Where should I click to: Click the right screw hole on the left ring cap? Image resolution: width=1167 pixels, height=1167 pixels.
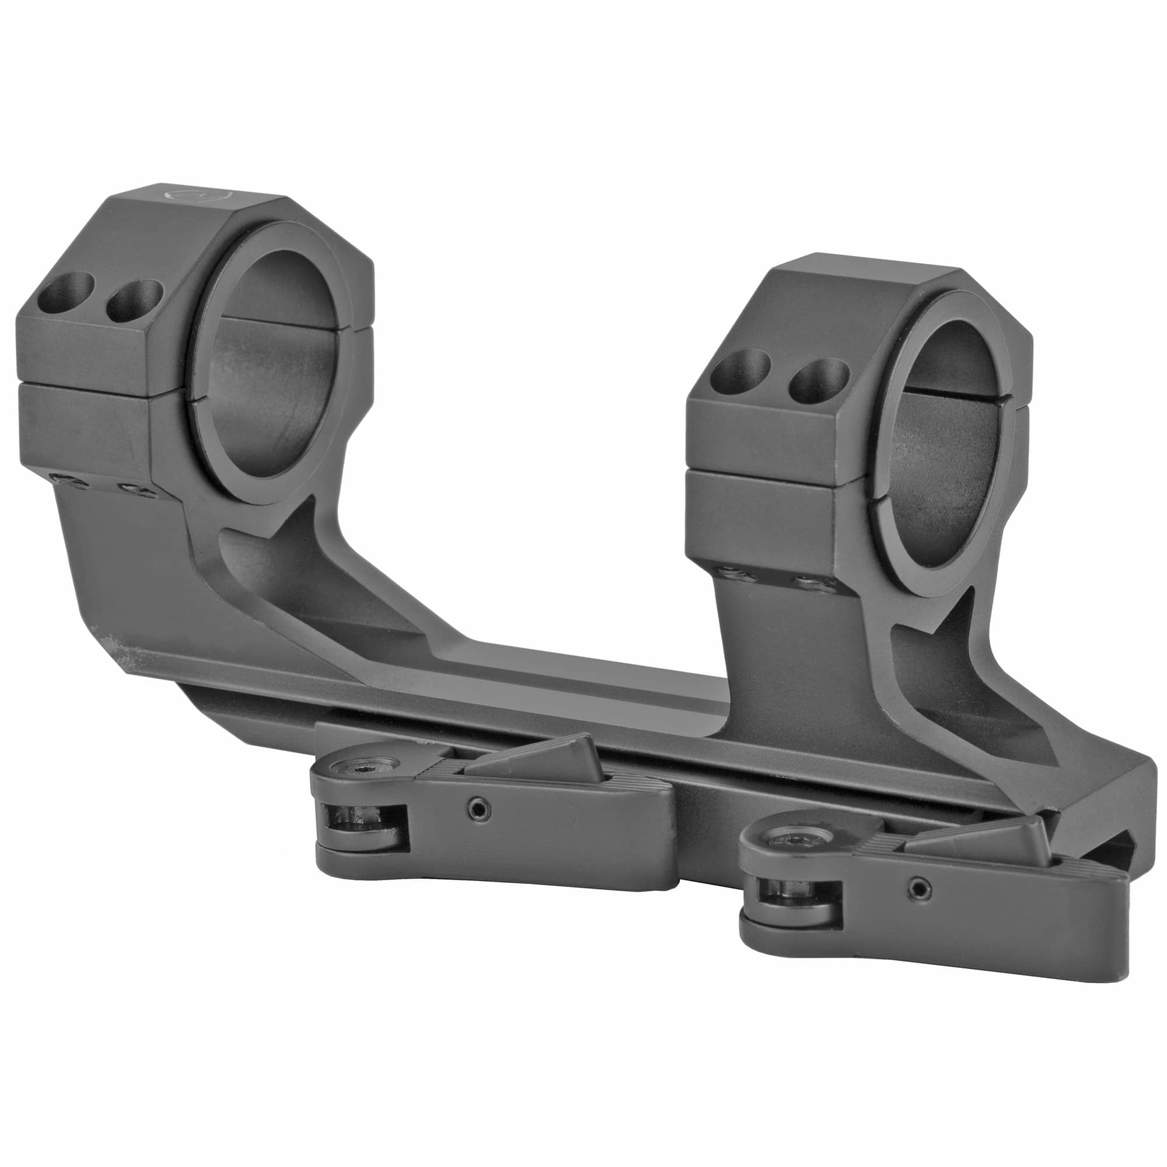[x=134, y=300]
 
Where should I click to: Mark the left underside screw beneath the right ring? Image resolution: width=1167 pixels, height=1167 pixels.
[x=733, y=574]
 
